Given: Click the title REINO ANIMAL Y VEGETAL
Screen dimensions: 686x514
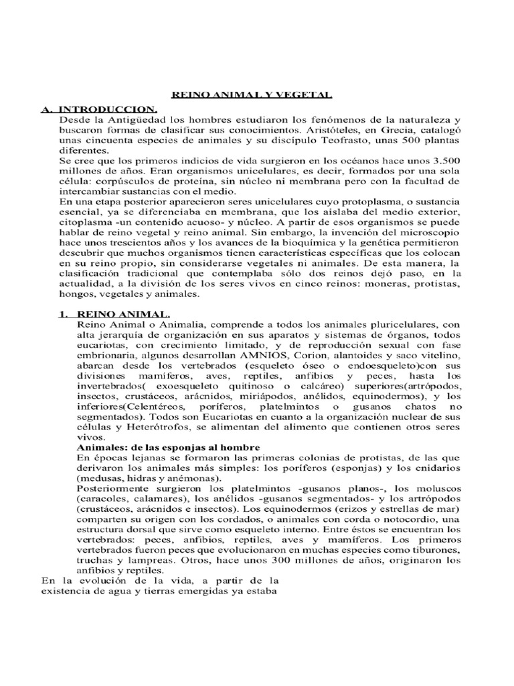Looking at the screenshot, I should click(x=257, y=96).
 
